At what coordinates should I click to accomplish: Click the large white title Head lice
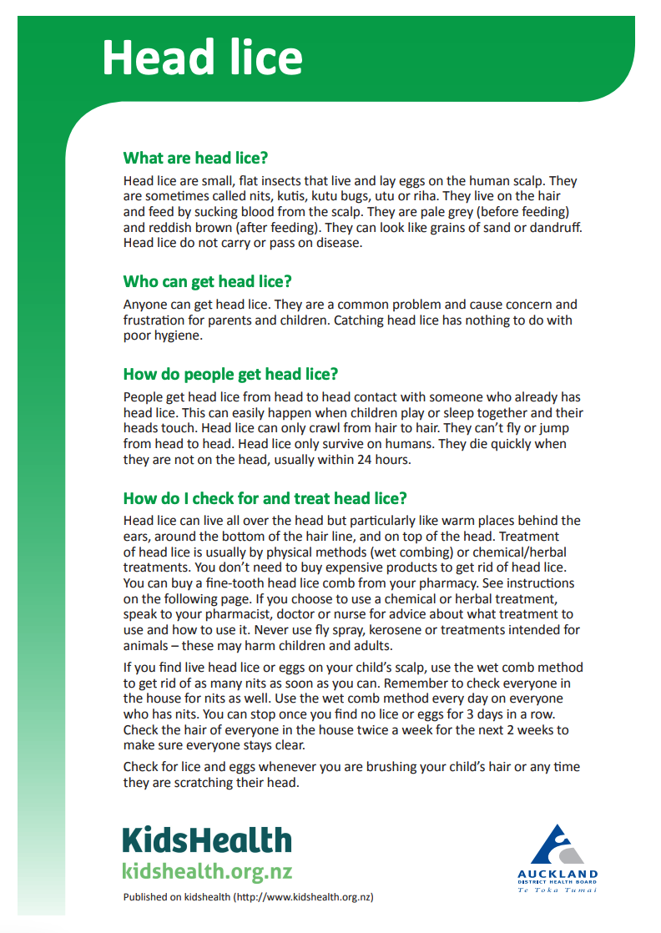pos(202,58)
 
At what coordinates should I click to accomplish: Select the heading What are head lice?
pos(195,158)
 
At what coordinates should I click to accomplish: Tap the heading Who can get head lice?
pos(207,281)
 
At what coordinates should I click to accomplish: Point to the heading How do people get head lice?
pos(230,373)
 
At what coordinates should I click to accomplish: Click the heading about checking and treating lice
pos(265,498)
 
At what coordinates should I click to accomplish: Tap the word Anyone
pos(144,305)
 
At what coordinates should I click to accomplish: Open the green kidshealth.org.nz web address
pos(207,871)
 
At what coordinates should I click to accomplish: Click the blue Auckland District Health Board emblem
pos(557,846)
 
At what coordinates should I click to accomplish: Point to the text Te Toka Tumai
pos(557,890)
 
